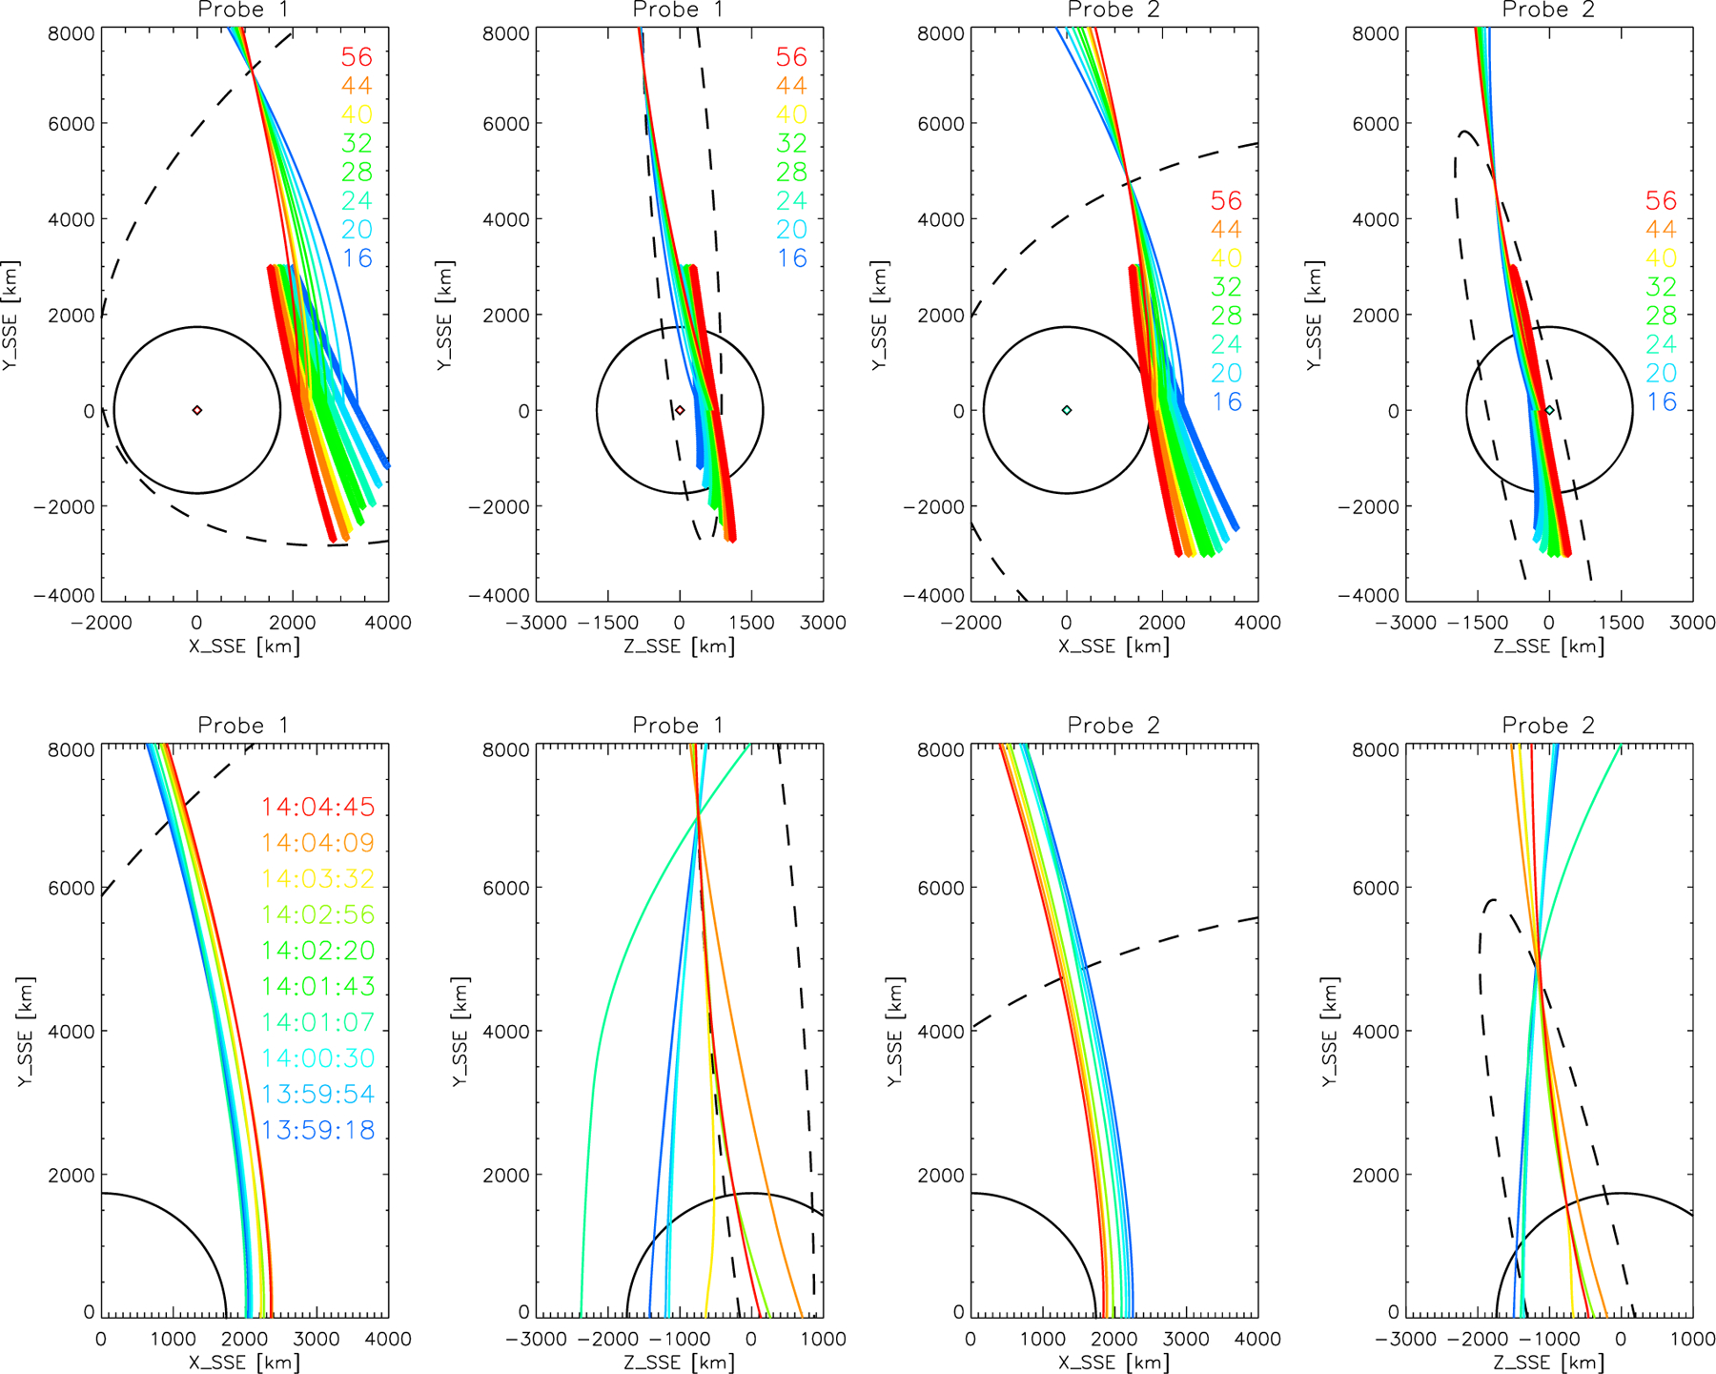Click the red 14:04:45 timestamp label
(317, 808)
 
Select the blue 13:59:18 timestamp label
(317, 1131)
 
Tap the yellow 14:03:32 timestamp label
(317, 879)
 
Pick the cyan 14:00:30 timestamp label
(317, 1058)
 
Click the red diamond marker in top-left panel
(197, 410)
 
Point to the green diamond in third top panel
(1067, 410)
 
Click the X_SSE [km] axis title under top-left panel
(244, 646)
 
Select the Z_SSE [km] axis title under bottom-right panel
(1548, 1363)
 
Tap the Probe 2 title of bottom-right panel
(1548, 726)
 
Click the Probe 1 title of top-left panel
(243, 10)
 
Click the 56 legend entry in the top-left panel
(357, 57)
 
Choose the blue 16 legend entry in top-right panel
(1661, 402)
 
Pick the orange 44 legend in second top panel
(791, 86)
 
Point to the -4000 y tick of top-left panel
(71, 596)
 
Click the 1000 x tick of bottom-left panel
(173, 1339)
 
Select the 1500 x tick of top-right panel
(1621, 623)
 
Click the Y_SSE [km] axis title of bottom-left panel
(26, 1032)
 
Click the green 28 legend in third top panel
(1226, 316)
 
